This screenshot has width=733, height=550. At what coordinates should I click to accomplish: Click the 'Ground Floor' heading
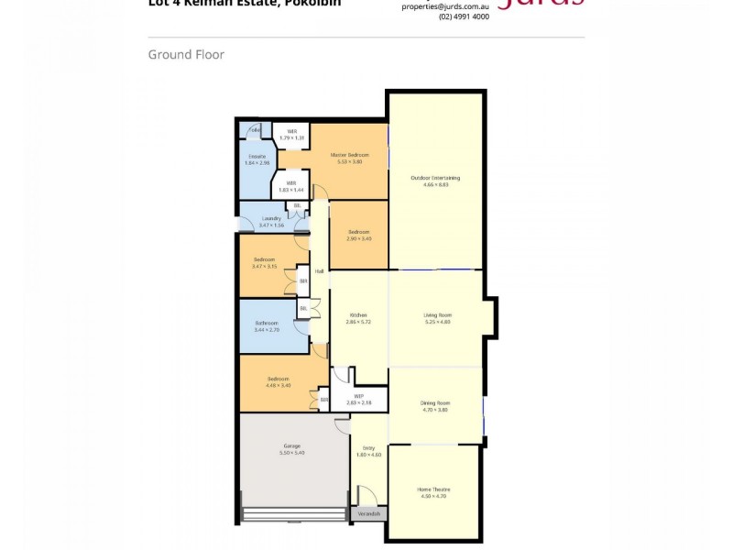186,55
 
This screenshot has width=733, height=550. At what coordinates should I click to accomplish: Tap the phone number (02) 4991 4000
464,16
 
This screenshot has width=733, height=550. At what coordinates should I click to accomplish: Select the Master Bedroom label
350,156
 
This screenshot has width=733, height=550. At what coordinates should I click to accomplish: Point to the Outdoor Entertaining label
435,177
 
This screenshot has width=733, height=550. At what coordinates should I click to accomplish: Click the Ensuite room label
257,157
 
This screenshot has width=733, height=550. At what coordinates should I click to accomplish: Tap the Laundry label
271,218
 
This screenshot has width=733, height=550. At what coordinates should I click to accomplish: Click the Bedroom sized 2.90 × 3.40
358,232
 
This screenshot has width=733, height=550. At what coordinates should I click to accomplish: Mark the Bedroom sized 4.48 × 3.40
279,379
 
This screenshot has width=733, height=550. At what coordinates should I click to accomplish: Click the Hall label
319,271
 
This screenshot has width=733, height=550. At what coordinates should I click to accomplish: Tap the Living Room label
437,315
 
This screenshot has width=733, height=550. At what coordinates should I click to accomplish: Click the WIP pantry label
358,397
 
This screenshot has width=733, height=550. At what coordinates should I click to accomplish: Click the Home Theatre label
434,489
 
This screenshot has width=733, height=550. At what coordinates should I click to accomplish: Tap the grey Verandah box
369,514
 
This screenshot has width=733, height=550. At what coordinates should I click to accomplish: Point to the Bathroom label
267,323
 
